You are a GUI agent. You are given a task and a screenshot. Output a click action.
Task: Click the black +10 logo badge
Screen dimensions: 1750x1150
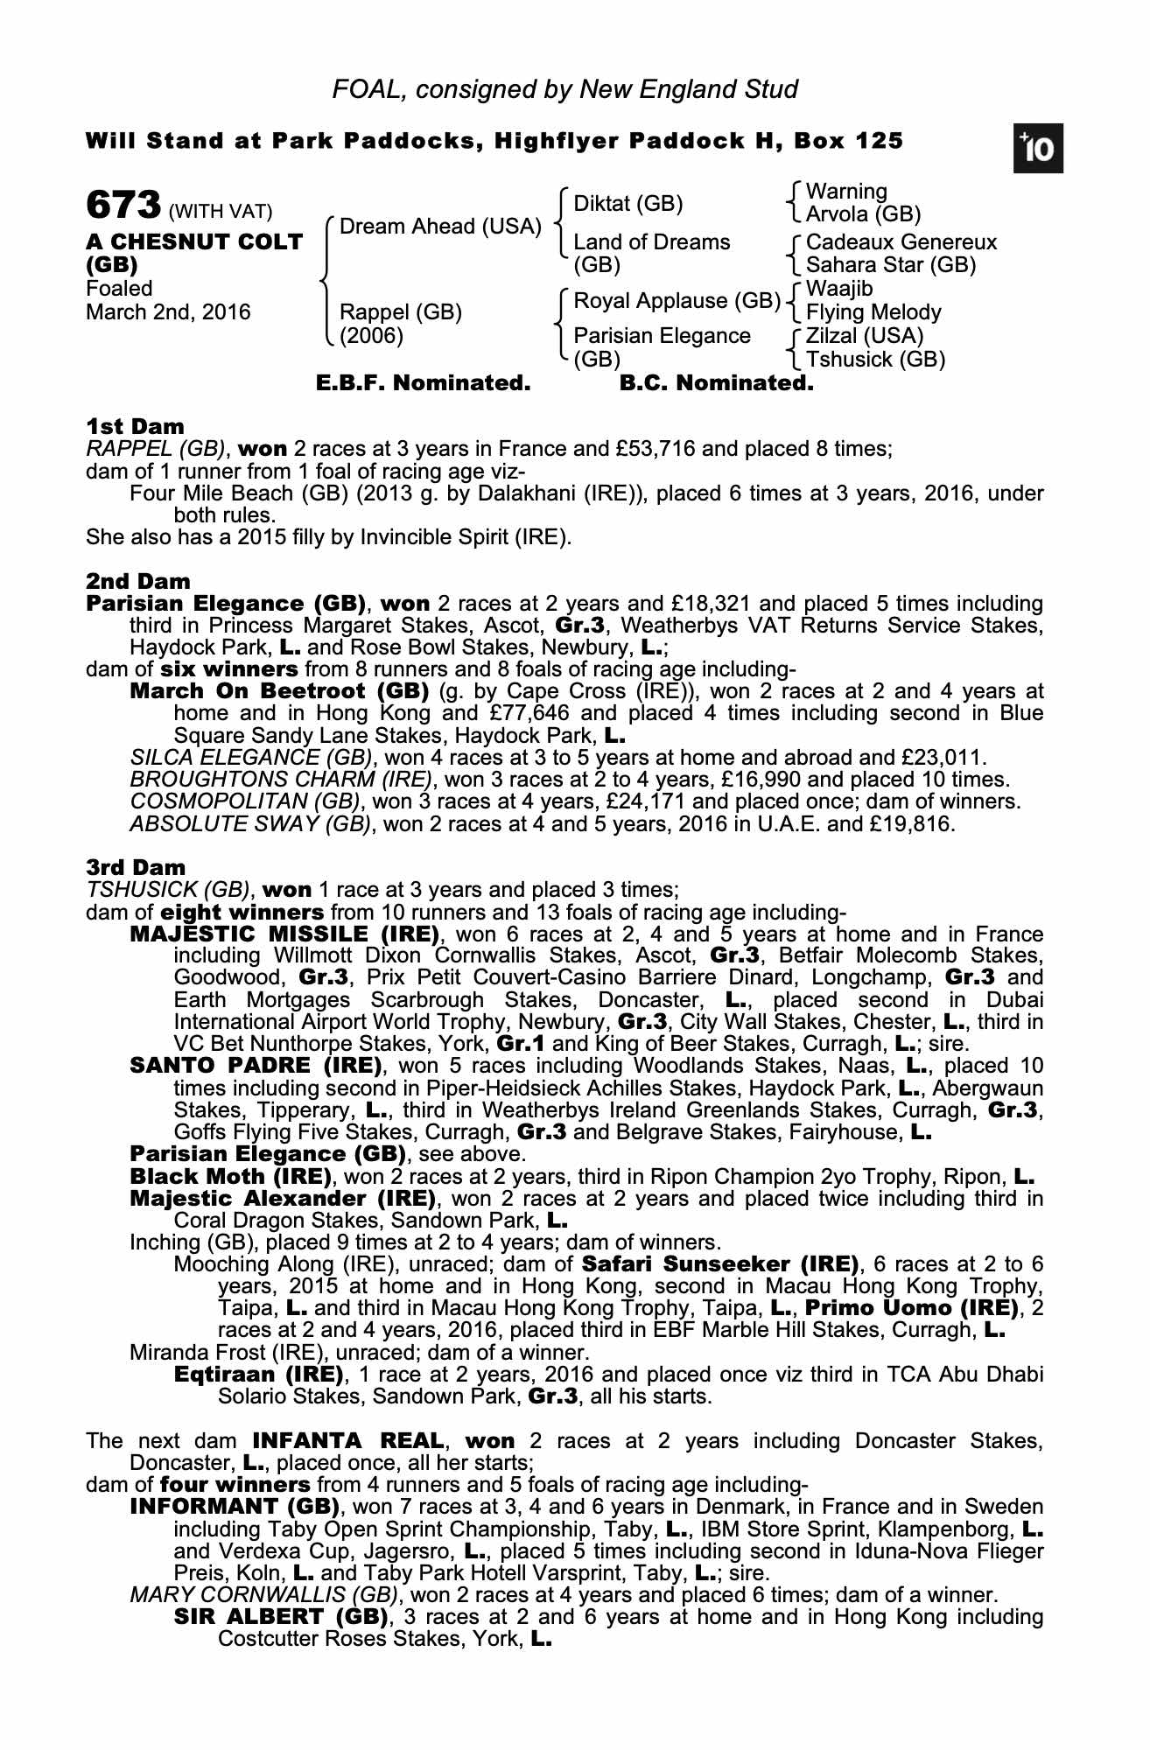tap(1038, 150)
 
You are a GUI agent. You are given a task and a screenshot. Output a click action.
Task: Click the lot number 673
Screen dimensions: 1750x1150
tap(123, 206)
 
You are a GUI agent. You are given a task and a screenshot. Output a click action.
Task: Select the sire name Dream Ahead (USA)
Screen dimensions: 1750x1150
tap(440, 227)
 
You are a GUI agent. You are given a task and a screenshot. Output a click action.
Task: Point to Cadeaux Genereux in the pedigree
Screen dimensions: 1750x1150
tap(901, 242)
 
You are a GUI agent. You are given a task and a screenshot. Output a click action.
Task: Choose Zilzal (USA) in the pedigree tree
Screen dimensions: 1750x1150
tap(864, 336)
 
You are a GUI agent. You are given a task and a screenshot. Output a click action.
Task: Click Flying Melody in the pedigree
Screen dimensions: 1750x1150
tap(873, 312)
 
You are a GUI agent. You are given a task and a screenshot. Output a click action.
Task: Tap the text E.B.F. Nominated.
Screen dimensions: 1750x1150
tap(423, 383)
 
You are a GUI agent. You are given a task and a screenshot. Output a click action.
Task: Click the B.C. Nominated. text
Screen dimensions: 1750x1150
tap(716, 383)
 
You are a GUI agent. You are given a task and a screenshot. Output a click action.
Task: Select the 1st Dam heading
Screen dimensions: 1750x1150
tap(135, 427)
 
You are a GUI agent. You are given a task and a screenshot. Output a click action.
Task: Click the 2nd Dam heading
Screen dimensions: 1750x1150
tap(137, 581)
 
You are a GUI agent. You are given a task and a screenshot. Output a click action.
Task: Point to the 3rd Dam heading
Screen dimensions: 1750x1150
tap(136, 868)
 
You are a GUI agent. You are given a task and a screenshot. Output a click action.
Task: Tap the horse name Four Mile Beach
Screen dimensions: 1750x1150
tap(211, 494)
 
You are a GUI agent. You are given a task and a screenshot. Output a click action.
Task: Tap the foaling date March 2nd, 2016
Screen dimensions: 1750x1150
tap(168, 312)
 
